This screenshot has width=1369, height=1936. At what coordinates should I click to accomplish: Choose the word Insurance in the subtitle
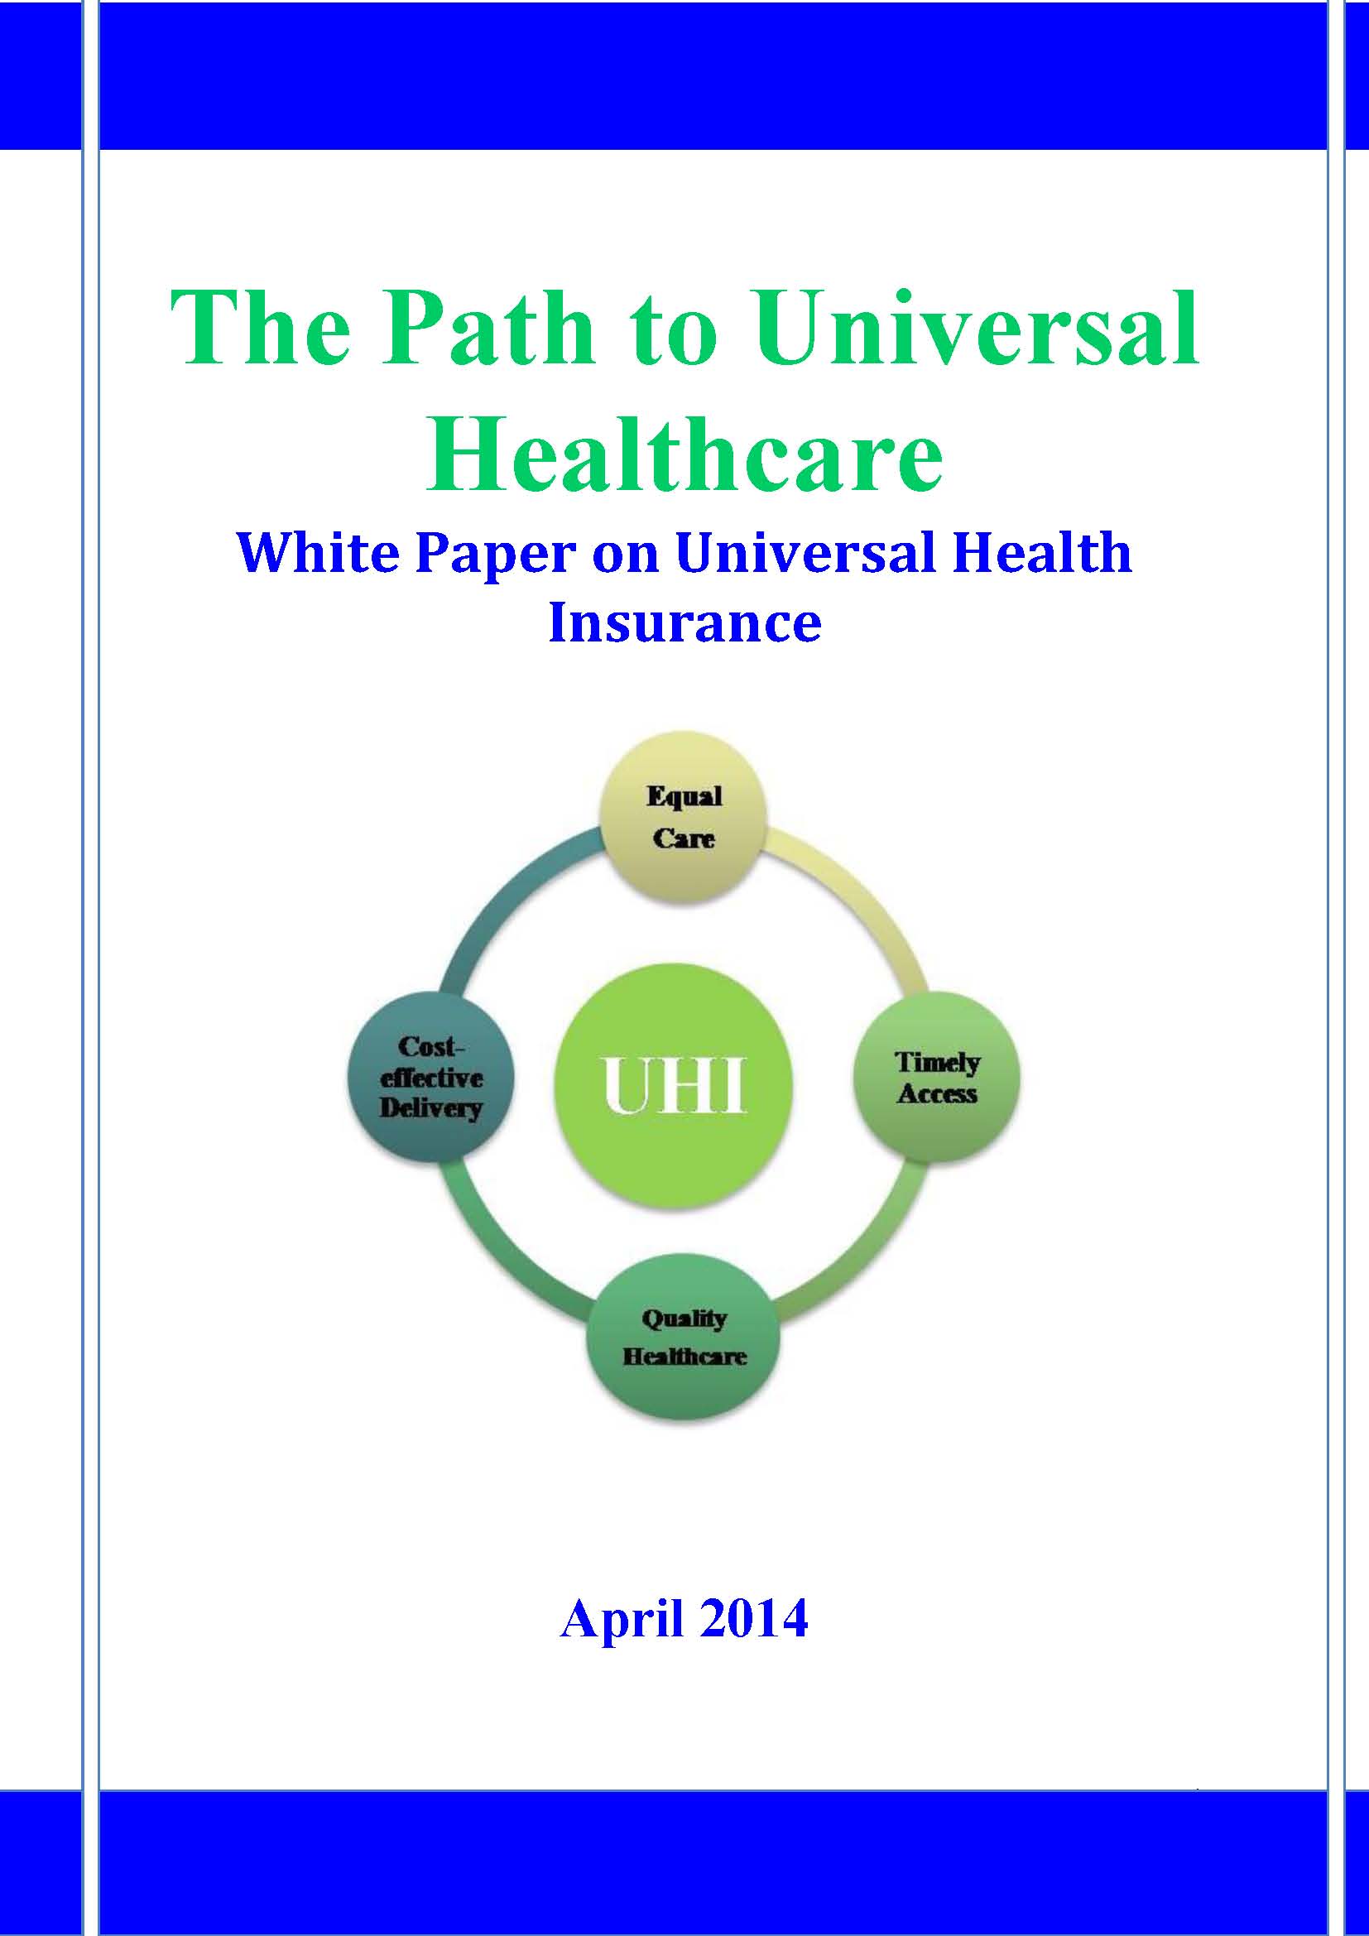[x=684, y=623]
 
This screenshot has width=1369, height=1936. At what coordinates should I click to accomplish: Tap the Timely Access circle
[x=937, y=1077]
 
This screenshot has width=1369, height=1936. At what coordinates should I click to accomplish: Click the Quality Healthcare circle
[x=683, y=1338]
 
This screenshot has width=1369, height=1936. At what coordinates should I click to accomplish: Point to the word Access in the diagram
[x=938, y=1094]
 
